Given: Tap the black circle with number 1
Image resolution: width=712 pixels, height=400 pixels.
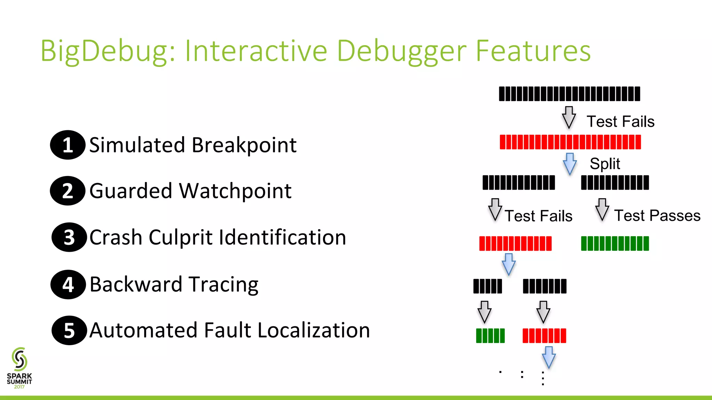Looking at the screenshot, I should click(x=68, y=145).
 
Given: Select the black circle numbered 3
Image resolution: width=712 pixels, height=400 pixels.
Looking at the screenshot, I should click(x=69, y=237).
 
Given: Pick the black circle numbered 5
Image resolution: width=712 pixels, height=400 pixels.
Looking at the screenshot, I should click(x=69, y=330).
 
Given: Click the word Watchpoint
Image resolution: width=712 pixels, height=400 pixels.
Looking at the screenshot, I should click(x=235, y=191).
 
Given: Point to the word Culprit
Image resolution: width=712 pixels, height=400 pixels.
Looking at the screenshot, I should click(x=180, y=237).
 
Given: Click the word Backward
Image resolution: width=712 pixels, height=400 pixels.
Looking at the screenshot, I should click(x=136, y=284).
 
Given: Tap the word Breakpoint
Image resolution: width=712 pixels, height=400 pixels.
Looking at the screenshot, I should click(x=244, y=145).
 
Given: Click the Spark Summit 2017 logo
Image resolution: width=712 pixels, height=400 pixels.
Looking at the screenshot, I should click(x=19, y=368).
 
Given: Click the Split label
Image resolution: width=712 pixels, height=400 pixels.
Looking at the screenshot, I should click(x=605, y=164).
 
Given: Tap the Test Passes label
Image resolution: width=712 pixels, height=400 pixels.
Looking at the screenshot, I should click(x=657, y=216).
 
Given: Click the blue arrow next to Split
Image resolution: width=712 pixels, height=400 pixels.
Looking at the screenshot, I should click(x=569, y=164).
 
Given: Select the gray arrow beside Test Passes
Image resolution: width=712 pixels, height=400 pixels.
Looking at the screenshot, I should click(x=602, y=210).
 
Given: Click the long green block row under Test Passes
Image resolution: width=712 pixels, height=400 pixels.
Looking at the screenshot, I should click(x=615, y=243).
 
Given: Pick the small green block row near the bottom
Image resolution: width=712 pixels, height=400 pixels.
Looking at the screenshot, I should click(x=490, y=336).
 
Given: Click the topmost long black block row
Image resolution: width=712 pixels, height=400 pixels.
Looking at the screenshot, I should click(x=569, y=94).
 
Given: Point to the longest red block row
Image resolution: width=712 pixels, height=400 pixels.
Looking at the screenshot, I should click(x=570, y=142).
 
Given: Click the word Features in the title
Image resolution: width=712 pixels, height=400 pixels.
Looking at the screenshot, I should click(x=533, y=51).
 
